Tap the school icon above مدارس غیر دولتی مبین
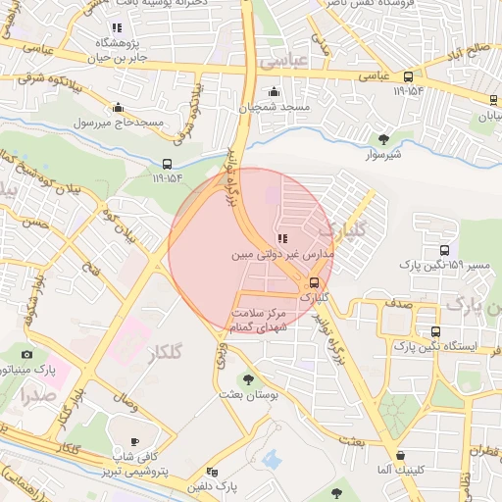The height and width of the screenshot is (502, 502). point(282,238)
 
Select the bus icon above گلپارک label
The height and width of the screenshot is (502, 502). point(314,282)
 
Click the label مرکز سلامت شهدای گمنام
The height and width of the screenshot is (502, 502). point(260,320)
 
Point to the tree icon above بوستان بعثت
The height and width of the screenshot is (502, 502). point(248,377)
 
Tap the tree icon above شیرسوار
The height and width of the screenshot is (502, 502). point(382,139)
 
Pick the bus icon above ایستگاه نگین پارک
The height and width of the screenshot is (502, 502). point(435,331)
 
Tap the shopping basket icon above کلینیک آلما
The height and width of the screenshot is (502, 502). point(401,455)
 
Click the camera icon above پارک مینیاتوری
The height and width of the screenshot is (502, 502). point(26,354)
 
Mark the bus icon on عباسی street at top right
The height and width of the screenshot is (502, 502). point(408,75)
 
